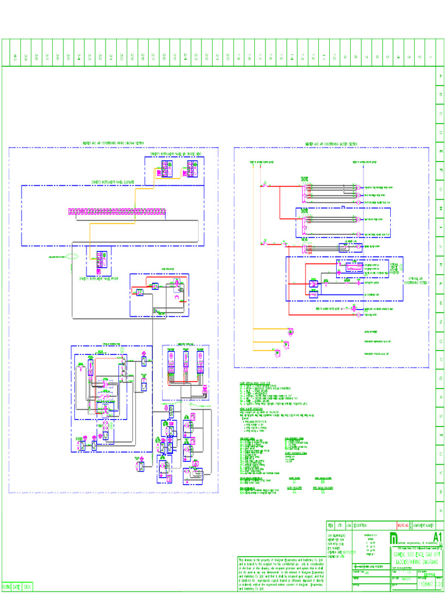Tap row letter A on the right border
440,76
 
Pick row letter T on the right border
440,435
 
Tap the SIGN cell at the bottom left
27,587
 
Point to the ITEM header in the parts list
330,524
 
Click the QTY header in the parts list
340,524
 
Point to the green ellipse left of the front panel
71,256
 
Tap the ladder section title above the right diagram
331,144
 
